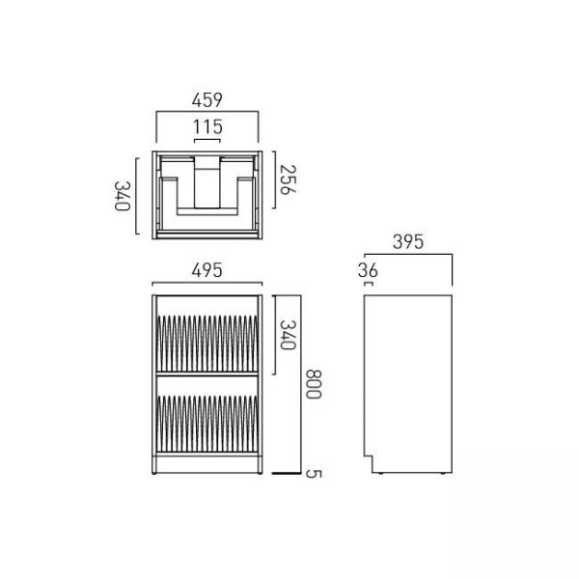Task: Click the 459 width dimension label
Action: pos(207,100)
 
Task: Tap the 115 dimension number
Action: pos(207,127)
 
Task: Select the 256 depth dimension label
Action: pos(288,179)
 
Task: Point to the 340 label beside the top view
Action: pos(123,196)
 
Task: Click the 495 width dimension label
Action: pos(207,270)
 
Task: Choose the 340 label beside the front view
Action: pos(288,335)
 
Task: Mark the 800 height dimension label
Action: pos(313,384)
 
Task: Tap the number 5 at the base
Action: pos(313,474)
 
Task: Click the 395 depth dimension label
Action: pos(408,242)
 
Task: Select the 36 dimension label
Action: pos(368,270)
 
